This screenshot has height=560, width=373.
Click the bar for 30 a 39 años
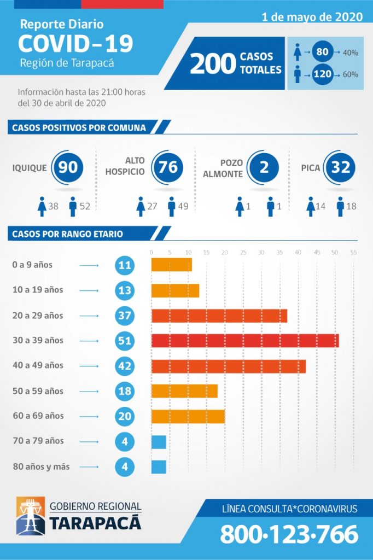pyautogui.click(x=245, y=340)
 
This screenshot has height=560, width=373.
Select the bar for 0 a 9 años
pyautogui.click(x=171, y=265)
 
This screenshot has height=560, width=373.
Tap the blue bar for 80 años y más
pyautogui.click(x=159, y=467)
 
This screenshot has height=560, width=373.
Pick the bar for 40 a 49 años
pyautogui.click(x=228, y=366)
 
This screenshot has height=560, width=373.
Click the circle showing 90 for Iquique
pyautogui.click(x=68, y=167)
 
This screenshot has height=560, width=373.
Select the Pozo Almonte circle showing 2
pyautogui.click(x=264, y=167)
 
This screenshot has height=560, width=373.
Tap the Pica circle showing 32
pyautogui.click(x=340, y=167)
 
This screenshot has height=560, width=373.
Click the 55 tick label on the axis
pyautogui.click(x=353, y=252)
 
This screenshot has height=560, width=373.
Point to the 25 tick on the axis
pyautogui.click(x=243, y=252)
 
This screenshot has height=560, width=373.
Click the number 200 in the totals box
pyautogui.click(x=213, y=64)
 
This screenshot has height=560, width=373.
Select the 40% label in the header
pyautogui.click(x=351, y=52)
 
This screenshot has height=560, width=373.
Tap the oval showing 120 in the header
pyautogui.click(x=322, y=74)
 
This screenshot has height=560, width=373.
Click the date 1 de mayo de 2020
pyautogui.click(x=312, y=17)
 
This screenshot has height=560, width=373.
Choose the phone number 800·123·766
pyautogui.click(x=289, y=534)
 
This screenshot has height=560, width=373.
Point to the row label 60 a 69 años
pyautogui.click(x=38, y=416)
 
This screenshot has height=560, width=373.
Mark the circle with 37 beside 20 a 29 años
pyautogui.click(x=125, y=316)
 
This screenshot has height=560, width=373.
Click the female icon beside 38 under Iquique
pyautogui.click(x=41, y=207)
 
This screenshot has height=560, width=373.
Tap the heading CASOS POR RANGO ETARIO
pyautogui.click(x=67, y=234)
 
